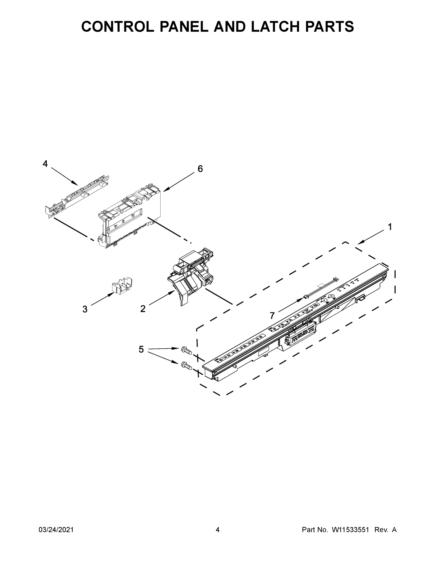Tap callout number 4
45,164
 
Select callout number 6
200,169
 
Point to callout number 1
390,227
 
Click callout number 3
85,309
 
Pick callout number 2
143,308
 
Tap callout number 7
272,315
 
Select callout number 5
141,350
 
